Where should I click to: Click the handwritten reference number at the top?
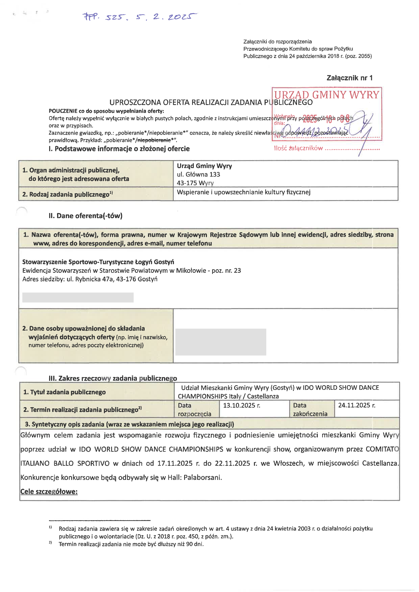point(139,17)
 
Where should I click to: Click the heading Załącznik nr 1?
point(349,78)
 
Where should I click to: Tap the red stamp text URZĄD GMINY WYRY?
point(326,95)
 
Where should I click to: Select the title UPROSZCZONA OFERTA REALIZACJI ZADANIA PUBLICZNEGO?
point(211,102)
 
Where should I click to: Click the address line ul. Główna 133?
point(198,175)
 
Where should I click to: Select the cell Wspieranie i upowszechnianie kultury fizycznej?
point(244,192)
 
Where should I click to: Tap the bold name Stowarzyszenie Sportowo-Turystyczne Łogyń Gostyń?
point(98,262)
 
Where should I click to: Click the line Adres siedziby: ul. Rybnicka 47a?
point(90,279)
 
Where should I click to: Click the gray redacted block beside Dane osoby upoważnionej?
point(221,342)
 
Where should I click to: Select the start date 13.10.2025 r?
point(241,406)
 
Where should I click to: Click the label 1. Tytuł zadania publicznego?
point(65,392)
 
